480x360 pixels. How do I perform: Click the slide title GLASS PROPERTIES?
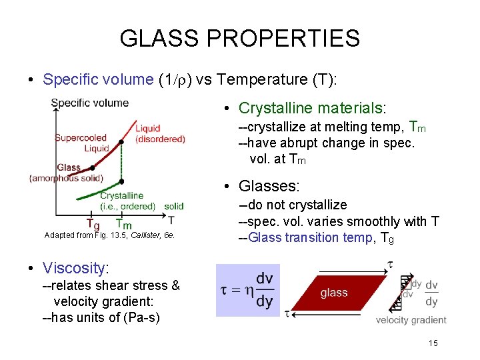pyautogui.click(x=239, y=38)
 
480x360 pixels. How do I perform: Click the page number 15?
pyautogui.click(x=433, y=343)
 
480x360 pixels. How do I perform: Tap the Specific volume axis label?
pyautogui.click(x=90, y=103)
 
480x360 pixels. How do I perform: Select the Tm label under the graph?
pyautogui.click(x=123, y=224)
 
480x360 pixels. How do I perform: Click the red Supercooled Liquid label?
pyautogui.click(x=81, y=143)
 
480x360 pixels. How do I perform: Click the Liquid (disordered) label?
pyautogui.click(x=160, y=134)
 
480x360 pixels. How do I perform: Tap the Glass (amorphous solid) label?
pyautogui.click(x=66, y=173)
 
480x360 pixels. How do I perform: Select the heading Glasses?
pyautogui.click(x=270, y=186)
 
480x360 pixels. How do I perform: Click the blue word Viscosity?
pyautogui.click(x=74, y=268)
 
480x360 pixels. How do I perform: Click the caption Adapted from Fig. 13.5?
pyautogui.click(x=109, y=235)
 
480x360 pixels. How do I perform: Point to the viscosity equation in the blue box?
pyautogui.click(x=247, y=291)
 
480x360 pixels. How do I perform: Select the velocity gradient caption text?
pyautogui.click(x=411, y=321)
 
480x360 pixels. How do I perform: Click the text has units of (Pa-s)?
pyautogui.click(x=101, y=317)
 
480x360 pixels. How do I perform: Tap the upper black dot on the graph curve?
pyautogui.click(x=121, y=142)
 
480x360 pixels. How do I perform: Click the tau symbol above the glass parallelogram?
pyautogui.click(x=390, y=266)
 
